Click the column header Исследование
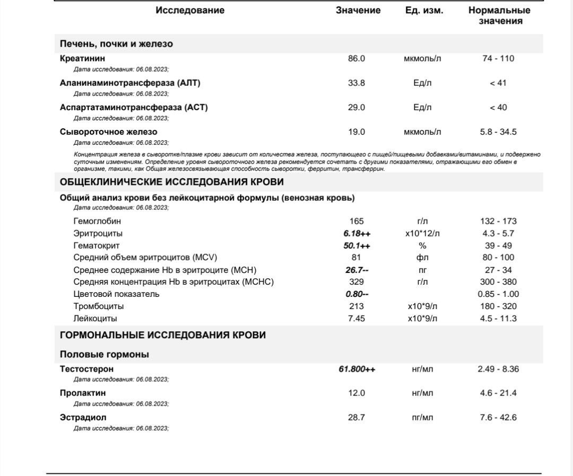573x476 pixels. (x=189, y=11)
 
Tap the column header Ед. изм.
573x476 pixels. (x=421, y=11)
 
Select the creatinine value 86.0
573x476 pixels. (x=357, y=59)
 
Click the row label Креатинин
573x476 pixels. (x=82, y=59)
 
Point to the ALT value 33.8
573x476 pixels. (x=357, y=83)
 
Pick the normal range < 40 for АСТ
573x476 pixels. (x=498, y=108)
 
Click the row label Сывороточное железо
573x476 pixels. (x=108, y=132)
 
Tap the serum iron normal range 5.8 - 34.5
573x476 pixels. (x=498, y=132)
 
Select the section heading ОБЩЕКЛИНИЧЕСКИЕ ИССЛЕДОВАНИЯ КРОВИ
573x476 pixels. (x=172, y=182)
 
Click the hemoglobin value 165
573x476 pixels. (x=357, y=222)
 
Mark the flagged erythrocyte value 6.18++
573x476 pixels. (x=357, y=234)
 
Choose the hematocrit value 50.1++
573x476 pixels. (x=357, y=246)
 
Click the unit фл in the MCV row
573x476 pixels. (x=422, y=258)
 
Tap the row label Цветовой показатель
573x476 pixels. (x=116, y=294)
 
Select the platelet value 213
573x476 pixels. (x=357, y=306)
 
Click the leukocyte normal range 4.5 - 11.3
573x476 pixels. (x=498, y=319)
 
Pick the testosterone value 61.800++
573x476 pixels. (x=357, y=369)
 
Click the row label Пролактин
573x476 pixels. (x=82, y=393)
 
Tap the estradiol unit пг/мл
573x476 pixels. (x=422, y=418)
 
